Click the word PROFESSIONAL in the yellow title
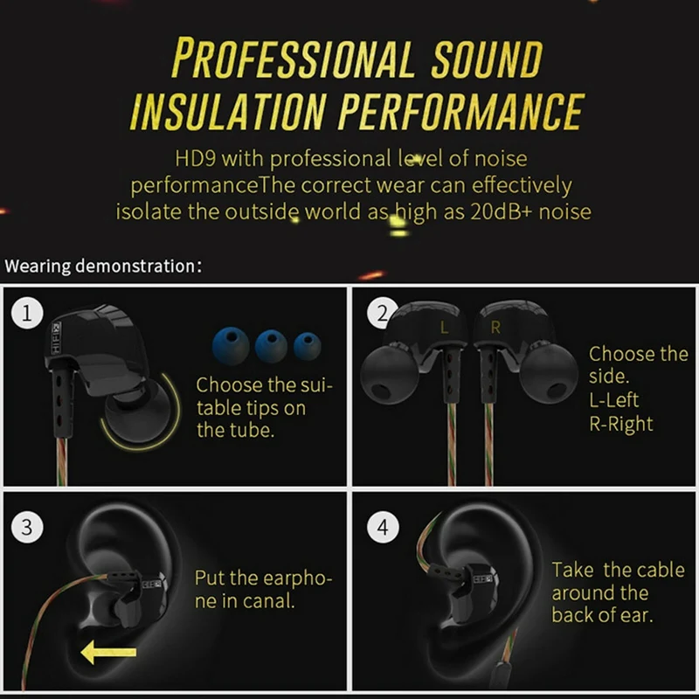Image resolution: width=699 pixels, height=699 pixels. pos(293,58)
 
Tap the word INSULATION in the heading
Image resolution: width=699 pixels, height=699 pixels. pos(227,112)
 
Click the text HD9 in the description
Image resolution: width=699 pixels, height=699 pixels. pos(195,158)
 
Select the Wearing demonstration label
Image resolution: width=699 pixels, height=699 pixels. pos(103,266)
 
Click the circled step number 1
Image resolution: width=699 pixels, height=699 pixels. pos(27,313)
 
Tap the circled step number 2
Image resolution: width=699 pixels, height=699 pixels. pos(381,313)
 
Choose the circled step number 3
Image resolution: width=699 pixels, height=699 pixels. pos(27,528)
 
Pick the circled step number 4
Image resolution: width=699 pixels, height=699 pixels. pos(383,527)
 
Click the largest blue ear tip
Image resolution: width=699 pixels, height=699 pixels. pos(231,345)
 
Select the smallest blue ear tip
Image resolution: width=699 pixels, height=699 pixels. pos(308,345)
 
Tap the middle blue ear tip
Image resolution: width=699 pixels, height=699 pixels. pos(271,346)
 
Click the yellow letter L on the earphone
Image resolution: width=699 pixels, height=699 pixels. pos(444,328)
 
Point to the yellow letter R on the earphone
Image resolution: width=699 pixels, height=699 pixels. pos(495,328)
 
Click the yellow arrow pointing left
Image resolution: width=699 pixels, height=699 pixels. pos(108,652)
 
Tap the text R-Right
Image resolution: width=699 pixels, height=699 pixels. pos(621,424)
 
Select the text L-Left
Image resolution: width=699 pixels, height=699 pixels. pos(614,400)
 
